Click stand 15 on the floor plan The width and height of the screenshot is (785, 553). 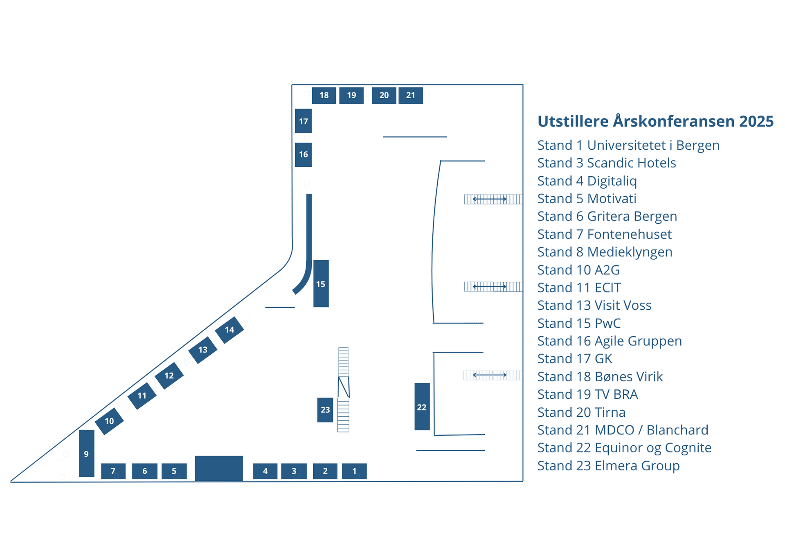(321, 283)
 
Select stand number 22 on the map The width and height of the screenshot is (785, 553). (422, 407)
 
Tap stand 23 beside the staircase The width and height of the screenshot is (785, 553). (325, 409)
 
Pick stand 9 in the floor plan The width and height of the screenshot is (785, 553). (86, 453)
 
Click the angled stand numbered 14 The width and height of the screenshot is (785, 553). (229, 330)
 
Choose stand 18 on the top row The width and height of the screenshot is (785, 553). (324, 95)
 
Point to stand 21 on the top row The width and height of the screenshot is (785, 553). (410, 95)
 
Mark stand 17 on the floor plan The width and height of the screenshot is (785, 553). (303, 121)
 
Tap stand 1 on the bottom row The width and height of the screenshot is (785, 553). (354, 471)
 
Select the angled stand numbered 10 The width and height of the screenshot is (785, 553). (109, 421)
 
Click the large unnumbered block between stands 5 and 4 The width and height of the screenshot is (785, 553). (218, 468)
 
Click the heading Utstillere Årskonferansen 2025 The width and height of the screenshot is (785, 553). (655, 121)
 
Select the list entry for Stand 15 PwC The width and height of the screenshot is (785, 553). (578, 323)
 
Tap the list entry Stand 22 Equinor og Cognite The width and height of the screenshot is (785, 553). (624, 448)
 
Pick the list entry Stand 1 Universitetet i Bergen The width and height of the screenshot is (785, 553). (628, 145)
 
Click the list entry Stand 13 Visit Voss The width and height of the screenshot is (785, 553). (594, 305)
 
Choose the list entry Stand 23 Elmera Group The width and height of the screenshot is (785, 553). (608, 465)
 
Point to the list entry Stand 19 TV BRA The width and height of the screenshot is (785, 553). (587, 394)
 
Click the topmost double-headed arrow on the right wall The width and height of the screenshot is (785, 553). (489, 199)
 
